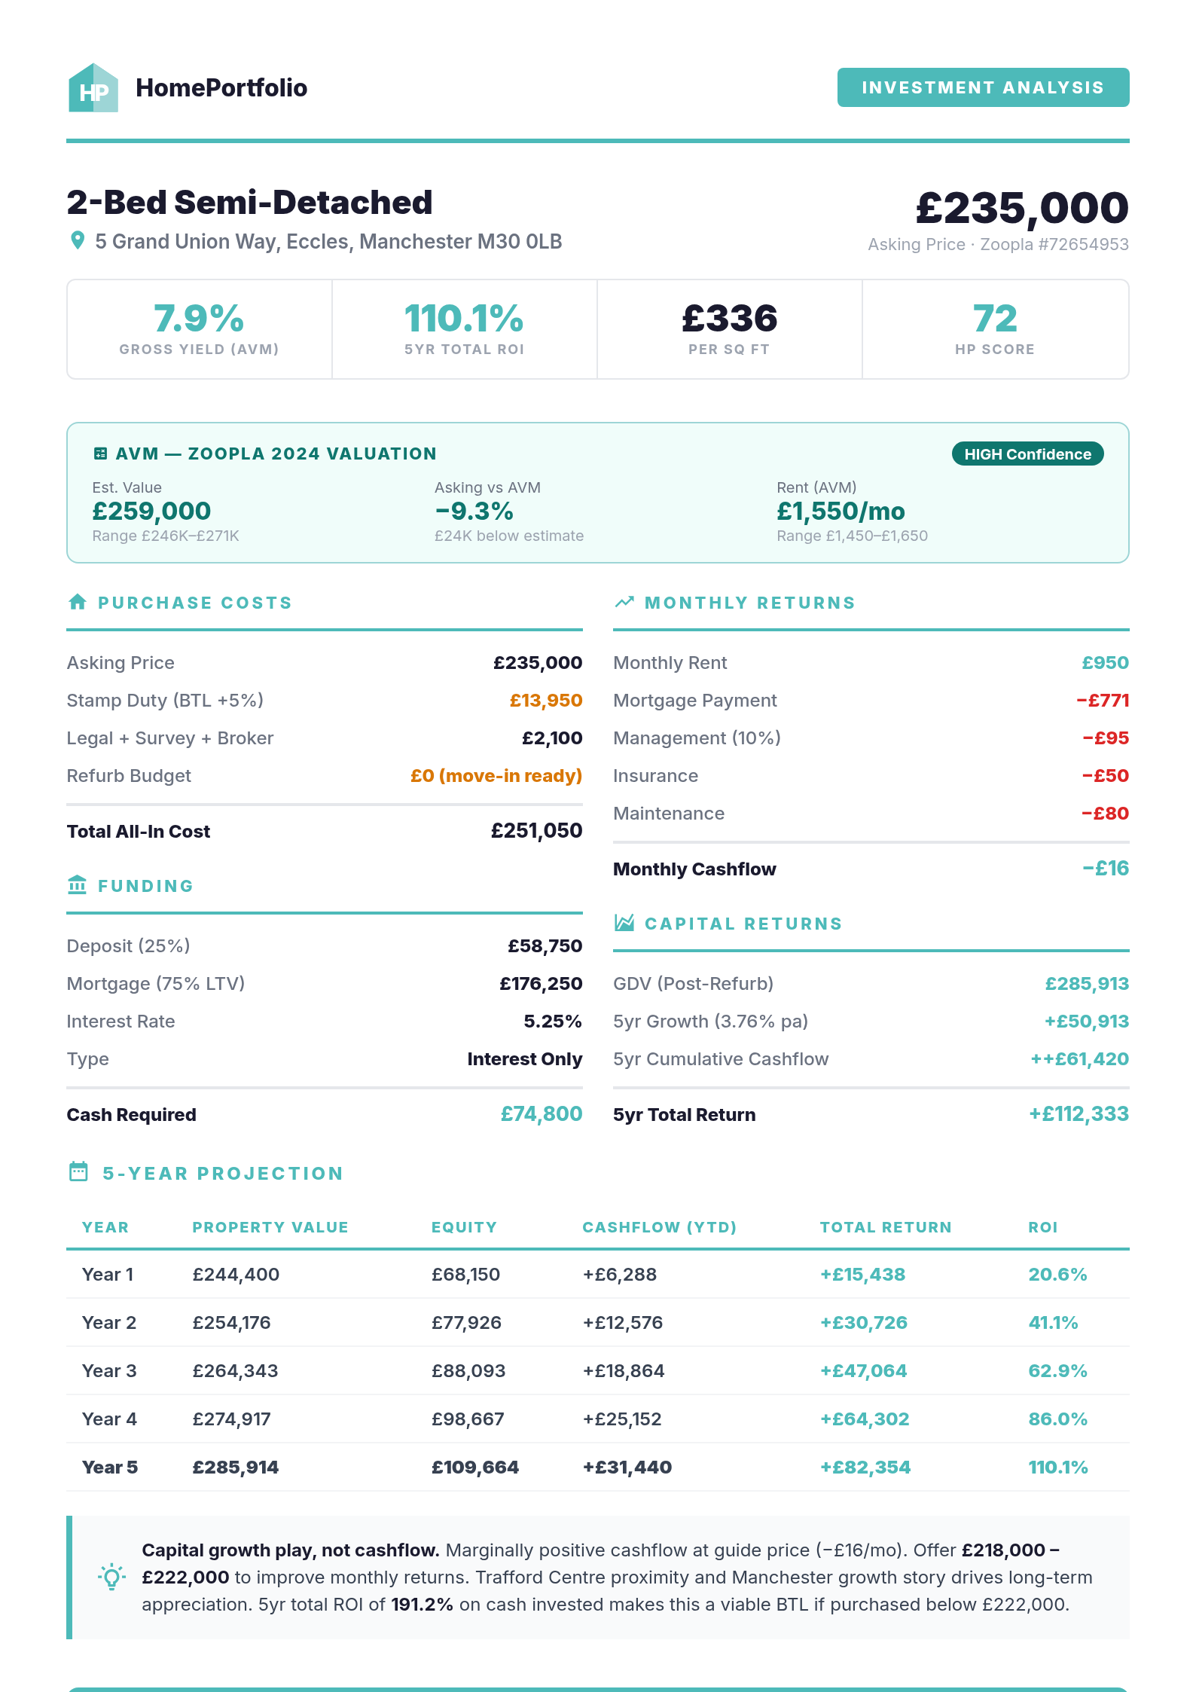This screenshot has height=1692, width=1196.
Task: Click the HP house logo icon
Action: tap(93, 88)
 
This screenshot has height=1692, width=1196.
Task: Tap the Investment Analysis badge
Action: tap(982, 87)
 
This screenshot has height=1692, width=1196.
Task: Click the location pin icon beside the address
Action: tap(77, 241)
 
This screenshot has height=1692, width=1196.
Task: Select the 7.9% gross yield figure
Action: tap(199, 319)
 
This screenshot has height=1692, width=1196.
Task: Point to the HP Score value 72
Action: tap(994, 319)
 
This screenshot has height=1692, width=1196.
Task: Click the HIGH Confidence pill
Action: tap(1027, 454)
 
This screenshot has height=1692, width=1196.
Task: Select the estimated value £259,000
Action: tap(151, 512)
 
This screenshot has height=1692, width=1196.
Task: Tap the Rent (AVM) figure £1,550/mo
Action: tap(840, 512)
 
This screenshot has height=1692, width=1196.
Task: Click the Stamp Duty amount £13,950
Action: tap(545, 701)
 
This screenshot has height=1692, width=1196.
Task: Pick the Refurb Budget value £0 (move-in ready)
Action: tap(496, 776)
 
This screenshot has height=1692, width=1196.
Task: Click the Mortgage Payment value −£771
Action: tap(1102, 701)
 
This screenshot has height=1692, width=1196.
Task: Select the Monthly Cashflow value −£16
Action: tap(1105, 869)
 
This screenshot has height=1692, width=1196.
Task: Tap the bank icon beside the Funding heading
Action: tap(78, 885)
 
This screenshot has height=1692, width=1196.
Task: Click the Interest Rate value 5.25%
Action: tap(552, 1022)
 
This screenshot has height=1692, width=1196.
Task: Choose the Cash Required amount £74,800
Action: tap(541, 1114)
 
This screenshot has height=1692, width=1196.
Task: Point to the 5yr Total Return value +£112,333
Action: tap(1078, 1114)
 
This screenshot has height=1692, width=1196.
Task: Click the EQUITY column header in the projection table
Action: tap(464, 1227)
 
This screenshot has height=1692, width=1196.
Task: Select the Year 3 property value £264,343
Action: tap(235, 1371)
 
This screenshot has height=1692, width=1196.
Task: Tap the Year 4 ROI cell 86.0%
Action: tap(1057, 1419)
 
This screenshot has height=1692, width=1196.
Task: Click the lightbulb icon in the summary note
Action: tap(111, 1576)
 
